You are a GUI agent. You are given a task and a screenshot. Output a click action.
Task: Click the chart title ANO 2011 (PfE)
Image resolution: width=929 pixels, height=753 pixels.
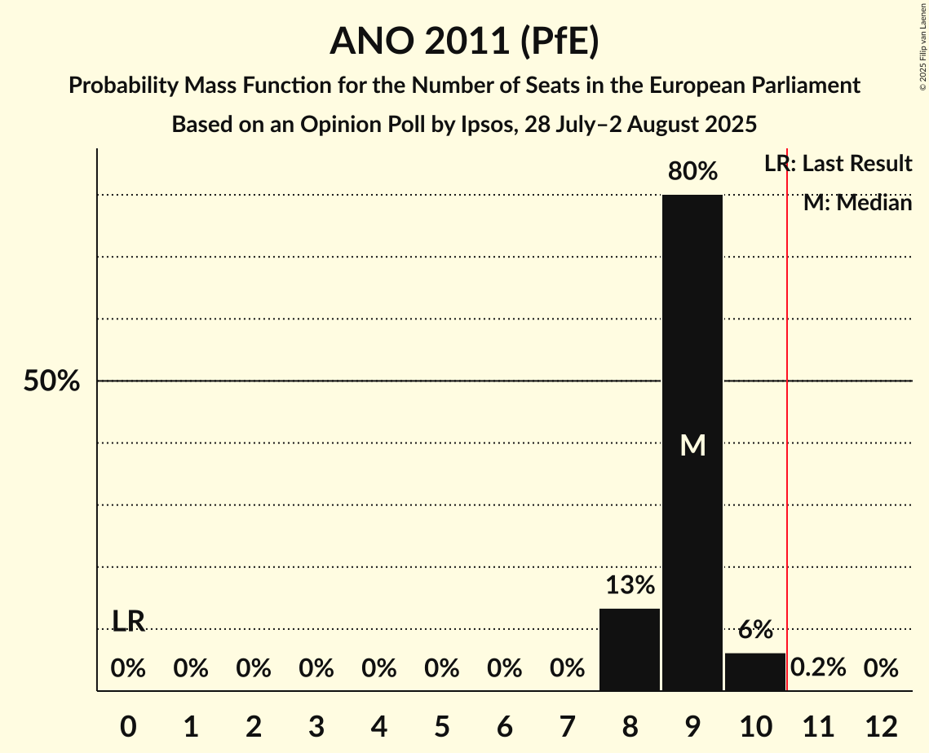point(464,42)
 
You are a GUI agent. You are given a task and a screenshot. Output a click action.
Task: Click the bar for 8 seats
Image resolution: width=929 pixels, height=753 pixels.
point(630,650)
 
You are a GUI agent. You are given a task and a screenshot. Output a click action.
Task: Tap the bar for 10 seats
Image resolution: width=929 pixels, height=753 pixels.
point(755,672)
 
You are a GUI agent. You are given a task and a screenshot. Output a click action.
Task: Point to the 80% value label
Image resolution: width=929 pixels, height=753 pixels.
point(692,172)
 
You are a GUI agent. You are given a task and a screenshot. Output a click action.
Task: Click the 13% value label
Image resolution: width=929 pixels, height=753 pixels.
point(630,585)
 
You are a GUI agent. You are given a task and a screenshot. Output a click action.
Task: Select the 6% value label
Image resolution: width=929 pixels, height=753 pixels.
point(755,629)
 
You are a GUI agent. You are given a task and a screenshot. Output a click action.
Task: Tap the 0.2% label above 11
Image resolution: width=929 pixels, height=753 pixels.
point(818,668)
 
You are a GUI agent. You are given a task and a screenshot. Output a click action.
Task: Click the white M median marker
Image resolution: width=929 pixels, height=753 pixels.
point(692,445)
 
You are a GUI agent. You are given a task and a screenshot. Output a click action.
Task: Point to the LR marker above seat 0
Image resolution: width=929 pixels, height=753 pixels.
point(128,622)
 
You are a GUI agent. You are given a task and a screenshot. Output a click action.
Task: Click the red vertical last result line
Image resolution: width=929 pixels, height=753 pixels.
point(787,424)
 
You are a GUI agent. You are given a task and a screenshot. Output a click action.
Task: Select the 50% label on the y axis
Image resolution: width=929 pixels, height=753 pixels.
point(51,381)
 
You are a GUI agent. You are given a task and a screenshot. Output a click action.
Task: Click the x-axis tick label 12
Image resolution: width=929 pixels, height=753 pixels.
point(881,725)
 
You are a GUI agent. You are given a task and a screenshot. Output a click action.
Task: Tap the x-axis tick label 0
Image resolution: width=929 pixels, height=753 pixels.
point(128,725)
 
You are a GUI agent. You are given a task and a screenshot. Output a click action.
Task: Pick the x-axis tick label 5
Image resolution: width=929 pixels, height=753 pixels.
point(441,725)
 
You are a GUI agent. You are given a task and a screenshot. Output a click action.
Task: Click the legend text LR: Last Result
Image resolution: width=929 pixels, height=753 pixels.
point(838,164)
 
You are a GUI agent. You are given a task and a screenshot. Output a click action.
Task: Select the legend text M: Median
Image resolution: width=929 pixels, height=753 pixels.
point(857,203)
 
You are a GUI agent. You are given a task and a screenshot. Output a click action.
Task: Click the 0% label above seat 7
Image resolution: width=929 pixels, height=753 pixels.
point(567,668)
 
